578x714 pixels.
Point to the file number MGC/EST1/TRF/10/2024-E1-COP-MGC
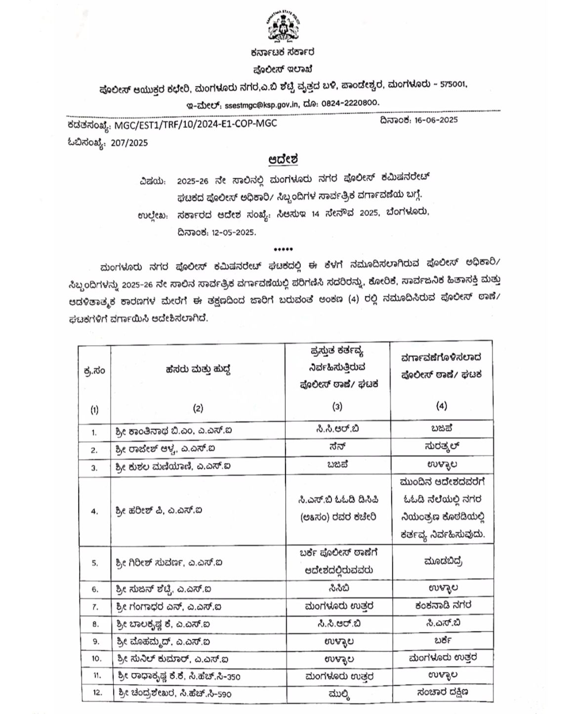point(196,123)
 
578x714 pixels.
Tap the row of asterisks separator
point(283,249)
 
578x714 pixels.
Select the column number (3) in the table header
point(337,406)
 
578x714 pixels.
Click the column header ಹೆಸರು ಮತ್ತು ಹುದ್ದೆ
point(198,369)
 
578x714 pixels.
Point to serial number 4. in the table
point(94,511)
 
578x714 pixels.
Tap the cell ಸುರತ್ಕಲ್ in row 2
point(441,446)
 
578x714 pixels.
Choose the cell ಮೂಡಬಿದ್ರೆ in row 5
point(441,561)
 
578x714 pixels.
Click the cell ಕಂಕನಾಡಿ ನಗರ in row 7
point(441,604)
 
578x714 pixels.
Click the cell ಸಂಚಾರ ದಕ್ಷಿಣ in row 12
point(441,692)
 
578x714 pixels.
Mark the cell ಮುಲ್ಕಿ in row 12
point(337,693)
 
